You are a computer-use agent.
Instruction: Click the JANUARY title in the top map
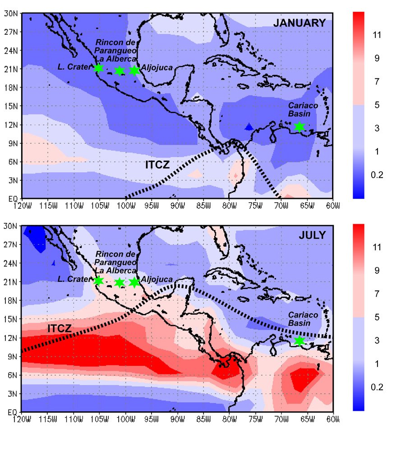click(x=299, y=23)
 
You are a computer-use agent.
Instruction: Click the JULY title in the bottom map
click(x=313, y=235)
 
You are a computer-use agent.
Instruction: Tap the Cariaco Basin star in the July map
click(x=299, y=341)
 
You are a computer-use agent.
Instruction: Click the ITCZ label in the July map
click(x=60, y=329)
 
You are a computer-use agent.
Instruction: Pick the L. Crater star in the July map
click(x=99, y=281)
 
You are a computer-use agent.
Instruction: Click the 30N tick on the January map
click(x=11, y=13)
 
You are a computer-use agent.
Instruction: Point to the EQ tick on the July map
click(x=13, y=412)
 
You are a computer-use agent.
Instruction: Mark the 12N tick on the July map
click(x=11, y=337)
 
